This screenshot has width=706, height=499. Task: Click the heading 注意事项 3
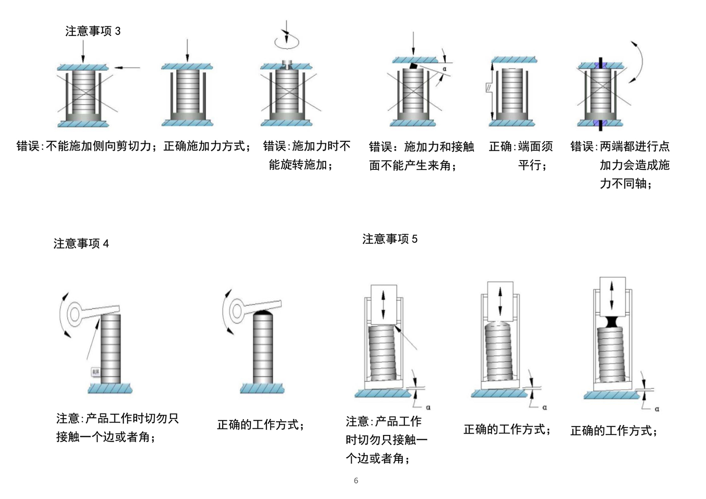(x=93, y=31)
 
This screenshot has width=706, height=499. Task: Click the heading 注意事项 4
(x=81, y=243)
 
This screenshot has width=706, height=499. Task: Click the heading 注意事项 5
(x=390, y=239)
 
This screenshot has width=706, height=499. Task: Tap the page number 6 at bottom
(x=356, y=481)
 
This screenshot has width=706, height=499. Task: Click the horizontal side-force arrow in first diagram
(x=128, y=68)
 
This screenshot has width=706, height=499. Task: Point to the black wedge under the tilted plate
(x=413, y=66)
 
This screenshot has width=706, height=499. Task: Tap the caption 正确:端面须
(x=521, y=146)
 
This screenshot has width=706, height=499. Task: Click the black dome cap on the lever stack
(x=263, y=312)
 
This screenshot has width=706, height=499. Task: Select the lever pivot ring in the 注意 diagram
(x=74, y=314)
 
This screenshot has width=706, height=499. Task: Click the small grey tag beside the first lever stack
(x=95, y=372)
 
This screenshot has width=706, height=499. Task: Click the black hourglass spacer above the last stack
(x=612, y=322)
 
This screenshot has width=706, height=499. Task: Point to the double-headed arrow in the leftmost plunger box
(x=384, y=305)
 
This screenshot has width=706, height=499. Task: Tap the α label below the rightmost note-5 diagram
(x=657, y=409)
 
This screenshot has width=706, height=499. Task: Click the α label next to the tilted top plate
(x=444, y=69)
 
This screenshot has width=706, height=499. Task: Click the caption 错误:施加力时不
(x=306, y=146)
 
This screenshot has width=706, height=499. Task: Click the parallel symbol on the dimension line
(x=489, y=88)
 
